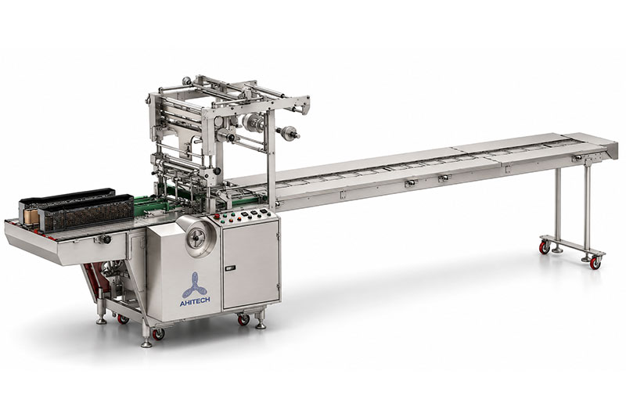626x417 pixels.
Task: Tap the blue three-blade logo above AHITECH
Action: pyautogui.click(x=194, y=285)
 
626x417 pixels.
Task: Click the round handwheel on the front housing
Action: pyautogui.click(x=197, y=238)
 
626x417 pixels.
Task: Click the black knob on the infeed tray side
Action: pyautogui.click(x=106, y=239)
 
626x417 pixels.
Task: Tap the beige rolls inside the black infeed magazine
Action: pyautogui.click(x=31, y=217)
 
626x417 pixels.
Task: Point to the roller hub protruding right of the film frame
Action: pyautogui.click(x=288, y=133)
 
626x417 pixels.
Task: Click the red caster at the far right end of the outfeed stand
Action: pyautogui.click(x=595, y=263)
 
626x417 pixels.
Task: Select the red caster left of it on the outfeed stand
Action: pyautogui.click(x=544, y=247)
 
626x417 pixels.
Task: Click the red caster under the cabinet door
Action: pyautogui.click(x=243, y=320)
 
